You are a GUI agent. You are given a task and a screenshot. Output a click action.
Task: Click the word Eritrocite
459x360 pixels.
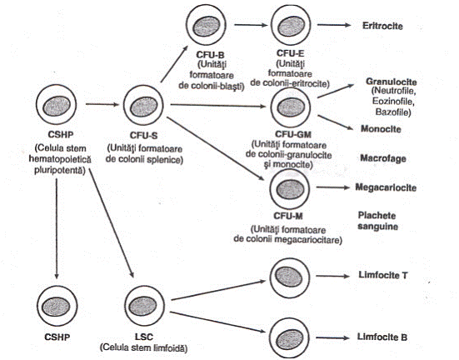tap(382, 26)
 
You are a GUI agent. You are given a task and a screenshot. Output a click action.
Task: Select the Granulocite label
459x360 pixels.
tap(392, 82)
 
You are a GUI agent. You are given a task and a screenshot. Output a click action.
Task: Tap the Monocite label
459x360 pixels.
tap(381, 129)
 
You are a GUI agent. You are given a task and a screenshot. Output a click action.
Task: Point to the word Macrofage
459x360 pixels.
tap(383, 158)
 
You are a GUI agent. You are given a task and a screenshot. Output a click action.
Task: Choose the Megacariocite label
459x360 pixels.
tap(386, 187)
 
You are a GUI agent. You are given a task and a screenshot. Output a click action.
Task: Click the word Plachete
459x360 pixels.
tap(377, 216)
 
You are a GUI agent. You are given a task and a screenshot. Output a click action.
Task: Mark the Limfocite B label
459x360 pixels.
tap(382, 337)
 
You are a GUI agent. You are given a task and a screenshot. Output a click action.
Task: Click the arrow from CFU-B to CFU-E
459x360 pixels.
tap(251, 25)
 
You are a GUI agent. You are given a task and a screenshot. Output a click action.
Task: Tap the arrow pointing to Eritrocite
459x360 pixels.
tap(334, 25)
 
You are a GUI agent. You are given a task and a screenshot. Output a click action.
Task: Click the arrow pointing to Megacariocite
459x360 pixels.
tap(333, 187)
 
